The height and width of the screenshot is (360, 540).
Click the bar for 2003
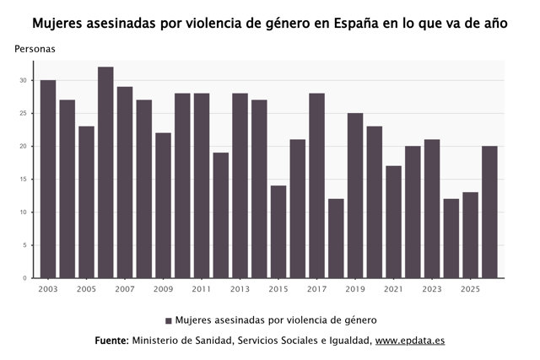coord(48,179)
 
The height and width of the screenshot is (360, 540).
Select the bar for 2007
coord(125,182)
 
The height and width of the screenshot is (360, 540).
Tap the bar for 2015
coord(278,232)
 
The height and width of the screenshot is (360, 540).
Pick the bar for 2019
coord(355,196)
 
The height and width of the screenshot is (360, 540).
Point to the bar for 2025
coord(471,235)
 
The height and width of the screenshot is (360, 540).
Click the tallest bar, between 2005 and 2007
coord(105,173)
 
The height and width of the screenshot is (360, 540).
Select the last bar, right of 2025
coord(489,212)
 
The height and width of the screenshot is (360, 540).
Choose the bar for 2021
coord(394,222)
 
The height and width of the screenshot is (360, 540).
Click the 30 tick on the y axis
coord(23,80)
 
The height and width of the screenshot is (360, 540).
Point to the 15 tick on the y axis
coord(23,180)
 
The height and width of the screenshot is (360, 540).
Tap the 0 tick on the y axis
coord(24,278)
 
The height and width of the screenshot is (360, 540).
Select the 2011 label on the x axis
coord(202,289)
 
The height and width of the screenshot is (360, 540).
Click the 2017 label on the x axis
coord(317,289)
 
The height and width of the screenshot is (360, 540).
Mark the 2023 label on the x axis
coord(432,289)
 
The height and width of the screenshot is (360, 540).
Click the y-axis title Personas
coord(35,49)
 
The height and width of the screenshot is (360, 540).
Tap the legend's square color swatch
coord(169,320)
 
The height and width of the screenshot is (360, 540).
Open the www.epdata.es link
coord(410,341)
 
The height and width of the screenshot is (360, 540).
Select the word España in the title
coord(357,24)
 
